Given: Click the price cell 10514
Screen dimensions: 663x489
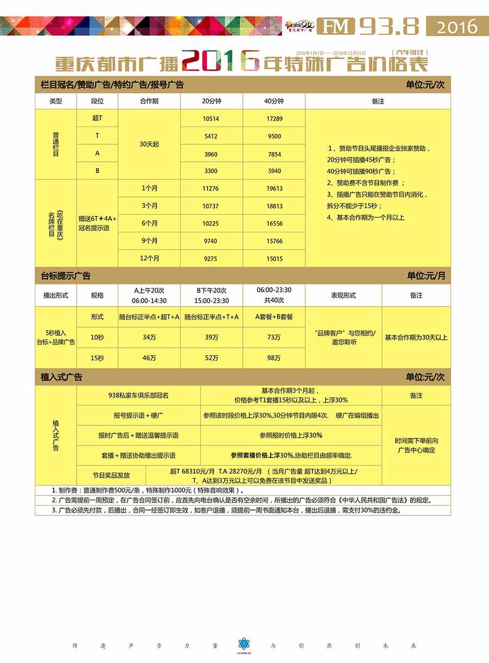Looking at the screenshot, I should pos(211,119).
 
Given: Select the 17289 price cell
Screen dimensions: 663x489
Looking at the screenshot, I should pos(274,119).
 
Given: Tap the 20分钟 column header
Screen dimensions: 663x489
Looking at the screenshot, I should pos(211,101).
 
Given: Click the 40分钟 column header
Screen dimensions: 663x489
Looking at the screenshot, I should pos(274,101).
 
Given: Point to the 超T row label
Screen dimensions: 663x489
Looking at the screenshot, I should pos(97,118).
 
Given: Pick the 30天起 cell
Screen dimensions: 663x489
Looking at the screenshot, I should pos(149,145).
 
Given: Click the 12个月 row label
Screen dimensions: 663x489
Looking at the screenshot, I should pos(149,259).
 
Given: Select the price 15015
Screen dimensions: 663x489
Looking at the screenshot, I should pos(274,259).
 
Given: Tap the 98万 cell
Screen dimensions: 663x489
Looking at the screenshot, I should pos(274,358).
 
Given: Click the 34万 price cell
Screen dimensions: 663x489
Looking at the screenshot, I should pos(149,337).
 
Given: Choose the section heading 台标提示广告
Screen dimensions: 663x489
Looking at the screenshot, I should pos(66,276).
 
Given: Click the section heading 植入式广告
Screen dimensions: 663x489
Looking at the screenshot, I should pos(62,377).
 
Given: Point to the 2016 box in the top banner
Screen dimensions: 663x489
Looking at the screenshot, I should pos(457,26).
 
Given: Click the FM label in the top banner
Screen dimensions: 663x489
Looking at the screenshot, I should pos(336,26).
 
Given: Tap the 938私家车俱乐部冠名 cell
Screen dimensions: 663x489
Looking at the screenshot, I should pos(139,396).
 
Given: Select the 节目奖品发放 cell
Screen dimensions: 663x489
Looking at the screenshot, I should pos(111,475).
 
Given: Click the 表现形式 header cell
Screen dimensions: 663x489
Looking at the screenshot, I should pos(343,296).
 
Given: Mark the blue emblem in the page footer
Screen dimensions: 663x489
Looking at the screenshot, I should pos(244,644).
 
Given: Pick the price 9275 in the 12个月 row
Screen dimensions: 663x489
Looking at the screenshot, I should pos(211,259).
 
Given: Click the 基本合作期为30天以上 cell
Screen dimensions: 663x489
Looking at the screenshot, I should pos(416,337).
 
